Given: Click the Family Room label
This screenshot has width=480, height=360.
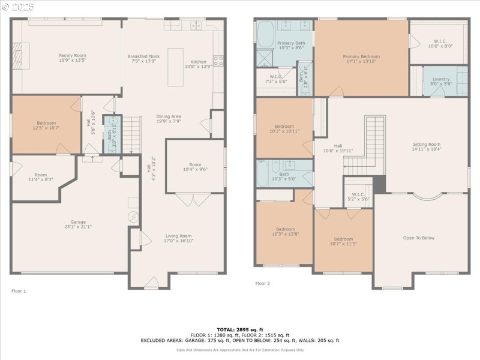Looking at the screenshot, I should click(73, 58).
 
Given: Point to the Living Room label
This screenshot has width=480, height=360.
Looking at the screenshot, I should click(178, 238).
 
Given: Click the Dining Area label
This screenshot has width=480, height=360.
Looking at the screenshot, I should click(169, 119).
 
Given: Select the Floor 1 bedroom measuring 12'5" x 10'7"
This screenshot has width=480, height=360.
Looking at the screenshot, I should click(46, 125).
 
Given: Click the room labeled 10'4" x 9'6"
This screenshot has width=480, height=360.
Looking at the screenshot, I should click(195, 167).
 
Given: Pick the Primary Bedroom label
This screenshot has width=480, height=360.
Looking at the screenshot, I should click(361, 59).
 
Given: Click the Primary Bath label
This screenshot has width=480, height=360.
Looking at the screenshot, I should click(291, 45).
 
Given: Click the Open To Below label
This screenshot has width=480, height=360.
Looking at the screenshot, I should click(419, 238).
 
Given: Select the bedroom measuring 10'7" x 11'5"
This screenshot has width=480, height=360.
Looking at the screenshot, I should click(343, 241).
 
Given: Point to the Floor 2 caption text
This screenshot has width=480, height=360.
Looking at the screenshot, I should click(263, 283).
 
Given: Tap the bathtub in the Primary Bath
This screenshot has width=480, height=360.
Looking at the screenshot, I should click(265, 33).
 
